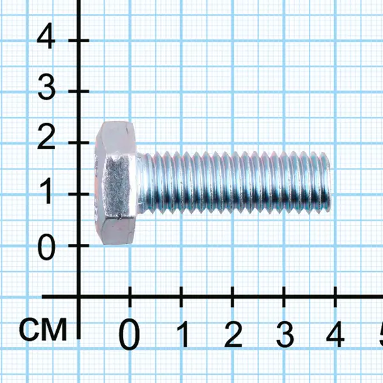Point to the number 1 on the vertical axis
point(46,190)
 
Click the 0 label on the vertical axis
point(47,246)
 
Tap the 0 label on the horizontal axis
point(130,334)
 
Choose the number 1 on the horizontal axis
point(183,334)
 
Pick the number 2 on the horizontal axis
point(233,334)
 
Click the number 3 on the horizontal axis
point(285,334)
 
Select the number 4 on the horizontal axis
point(335,334)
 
